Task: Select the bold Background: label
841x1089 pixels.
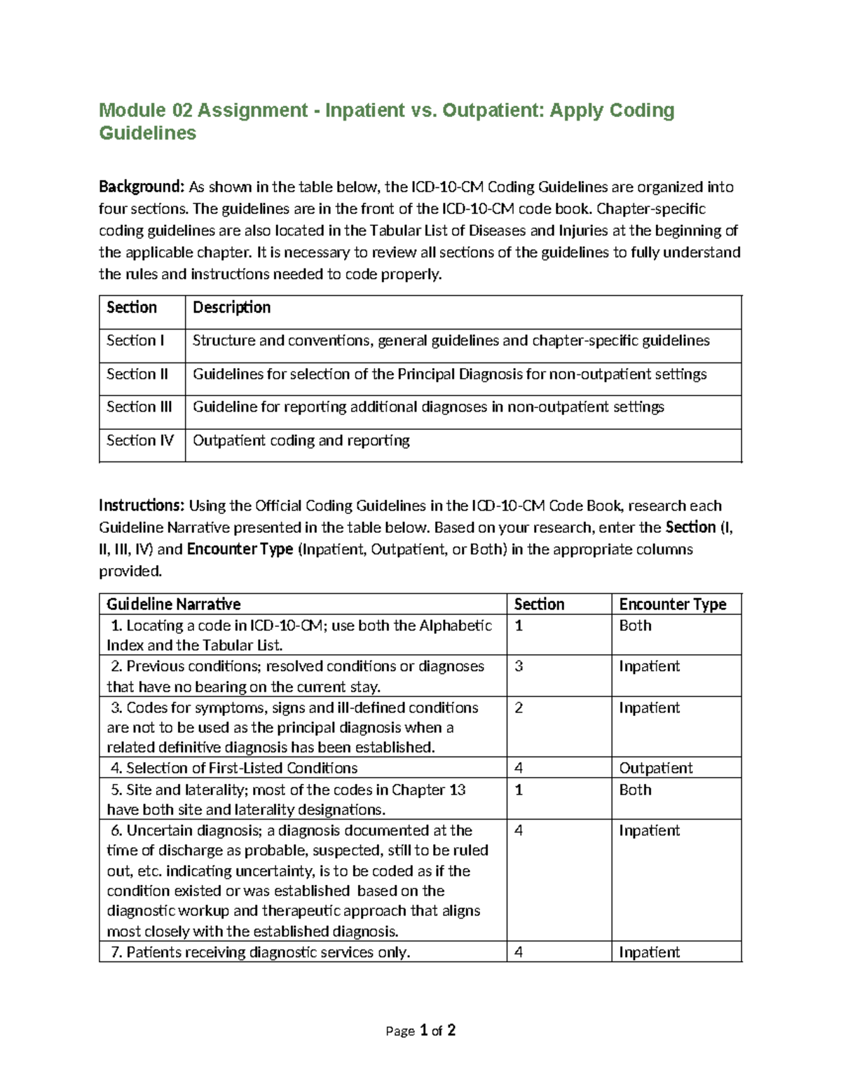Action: pos(141,187)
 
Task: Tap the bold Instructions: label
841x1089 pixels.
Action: pos(142,506)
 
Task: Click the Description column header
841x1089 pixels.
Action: pos(231,307)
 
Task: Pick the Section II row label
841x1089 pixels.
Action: pos(137,374)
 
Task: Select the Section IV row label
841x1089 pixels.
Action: pos(139,440)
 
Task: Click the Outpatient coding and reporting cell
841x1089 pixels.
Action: pos(301,440)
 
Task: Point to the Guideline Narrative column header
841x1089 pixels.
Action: pos(173,604)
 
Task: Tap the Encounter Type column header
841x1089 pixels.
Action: pos(672,604)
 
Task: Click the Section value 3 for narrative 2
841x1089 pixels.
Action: pos(519,666)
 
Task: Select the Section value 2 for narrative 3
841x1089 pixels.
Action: pos(519,708)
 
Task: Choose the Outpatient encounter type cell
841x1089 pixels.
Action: pos(655,768)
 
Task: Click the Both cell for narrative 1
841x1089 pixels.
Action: pos(635,625)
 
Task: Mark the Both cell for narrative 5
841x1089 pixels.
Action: pos(635,790)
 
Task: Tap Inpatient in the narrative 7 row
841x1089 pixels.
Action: pos(649,952)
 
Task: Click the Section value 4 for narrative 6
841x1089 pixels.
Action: pos(519,830)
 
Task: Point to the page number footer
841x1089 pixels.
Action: pos(420,1030)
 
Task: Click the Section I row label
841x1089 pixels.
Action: pos(135,341)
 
